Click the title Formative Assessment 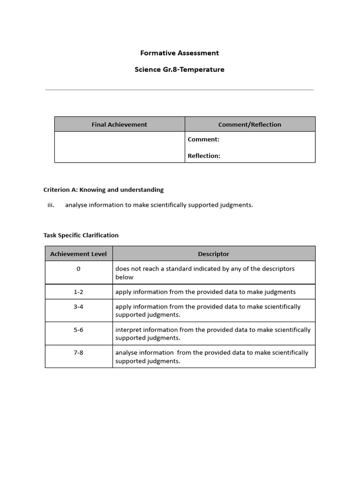click(180, 53)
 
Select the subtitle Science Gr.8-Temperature click(180, 69)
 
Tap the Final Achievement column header click(119, 124)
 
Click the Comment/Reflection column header click(250, 124)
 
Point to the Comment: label click(203, 139)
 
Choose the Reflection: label click(204, 156)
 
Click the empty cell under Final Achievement click(120, 147)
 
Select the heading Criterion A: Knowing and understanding click(104, 190)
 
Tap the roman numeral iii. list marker click(51, 205)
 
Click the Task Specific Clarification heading click(81, 235)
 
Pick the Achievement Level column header click(78, 254)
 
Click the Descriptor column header click(213, 254)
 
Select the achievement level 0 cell click(78, 269)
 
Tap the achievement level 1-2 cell click(78, 292)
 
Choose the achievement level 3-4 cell click(78, 307)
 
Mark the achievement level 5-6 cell click(78, 330)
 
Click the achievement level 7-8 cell click(78, 352)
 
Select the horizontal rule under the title click(180, 90)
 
